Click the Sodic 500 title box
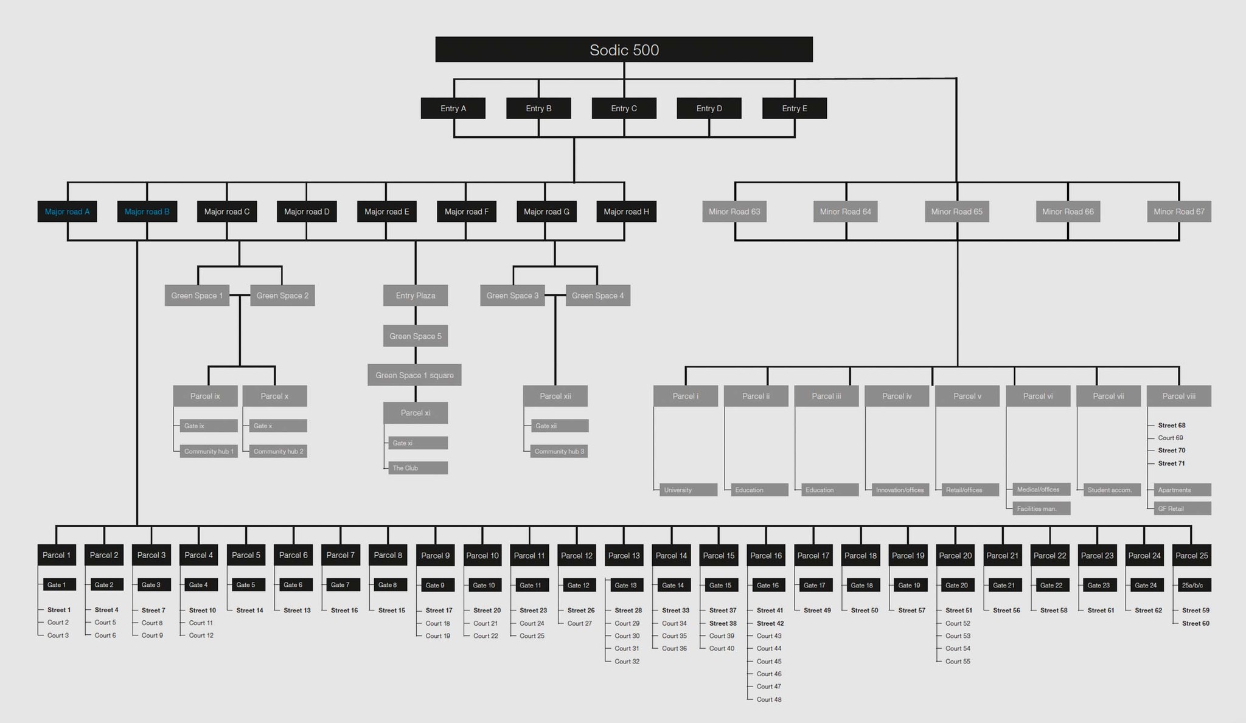(624, 49)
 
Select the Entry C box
(624, 108)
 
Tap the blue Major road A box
(67, 212)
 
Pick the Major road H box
(626, 212)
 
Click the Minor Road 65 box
(956, 212)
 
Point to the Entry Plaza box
(416, 296)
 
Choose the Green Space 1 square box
(414, 375)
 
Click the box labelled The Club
(417, 468)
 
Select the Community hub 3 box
(559, 451)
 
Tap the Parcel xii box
(555, 396)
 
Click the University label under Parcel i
(687, 489)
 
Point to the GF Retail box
(1182, 508)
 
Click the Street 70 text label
(1172, 451)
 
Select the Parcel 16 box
(766, 555)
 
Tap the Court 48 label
(769, 699)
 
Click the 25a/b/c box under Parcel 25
(1192, 585)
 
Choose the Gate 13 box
(626, 585)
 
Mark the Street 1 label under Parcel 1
(59, 610)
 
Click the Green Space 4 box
(597, 296)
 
